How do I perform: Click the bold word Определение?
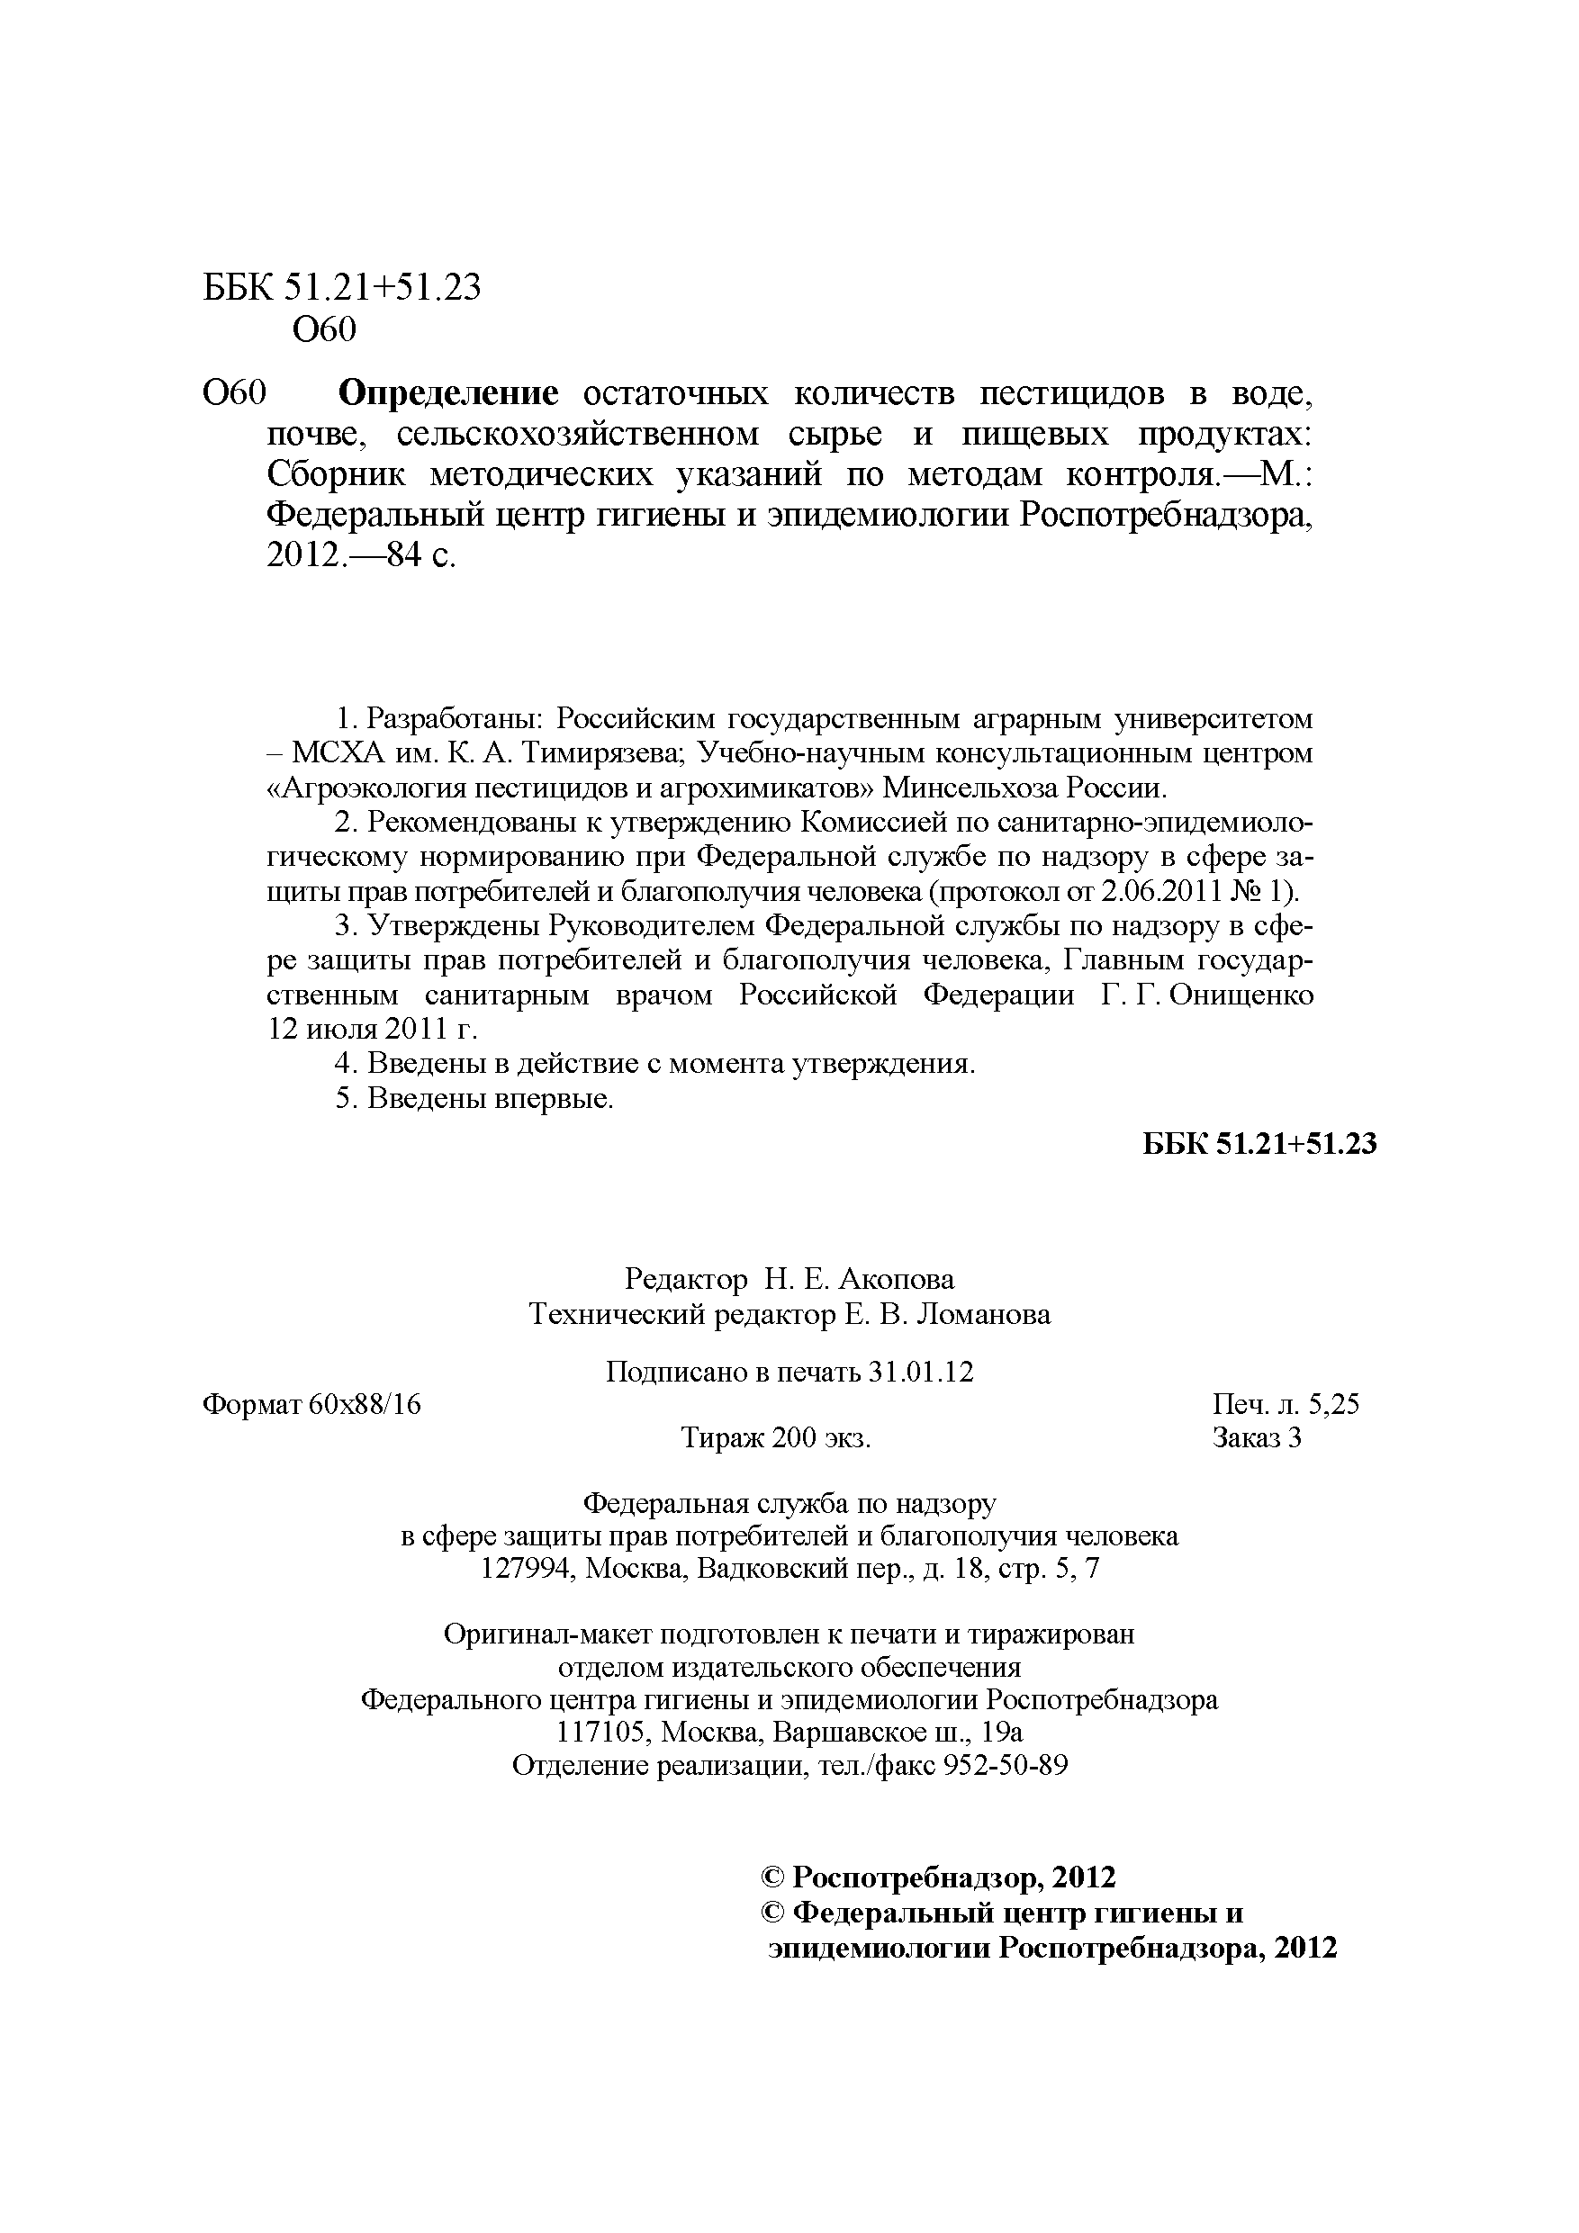tap(447, 394)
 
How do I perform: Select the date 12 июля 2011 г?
tap(373, 1029)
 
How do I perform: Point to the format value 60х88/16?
tap(365, 1404)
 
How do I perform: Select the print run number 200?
tap(795, 1437)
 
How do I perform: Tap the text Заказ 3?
tap(1256, 1437)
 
